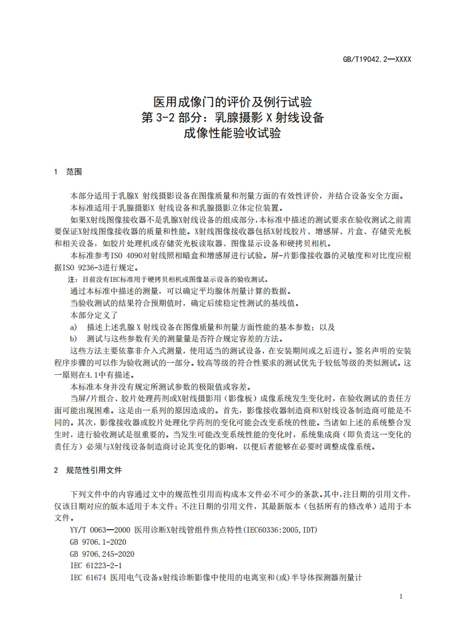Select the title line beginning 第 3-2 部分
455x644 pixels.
pos(227,119)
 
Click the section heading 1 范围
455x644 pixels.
pos(68,172)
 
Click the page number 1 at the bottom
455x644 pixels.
pos(401,597)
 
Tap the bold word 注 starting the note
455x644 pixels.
pos(71,280)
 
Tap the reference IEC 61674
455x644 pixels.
pos(88,578)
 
